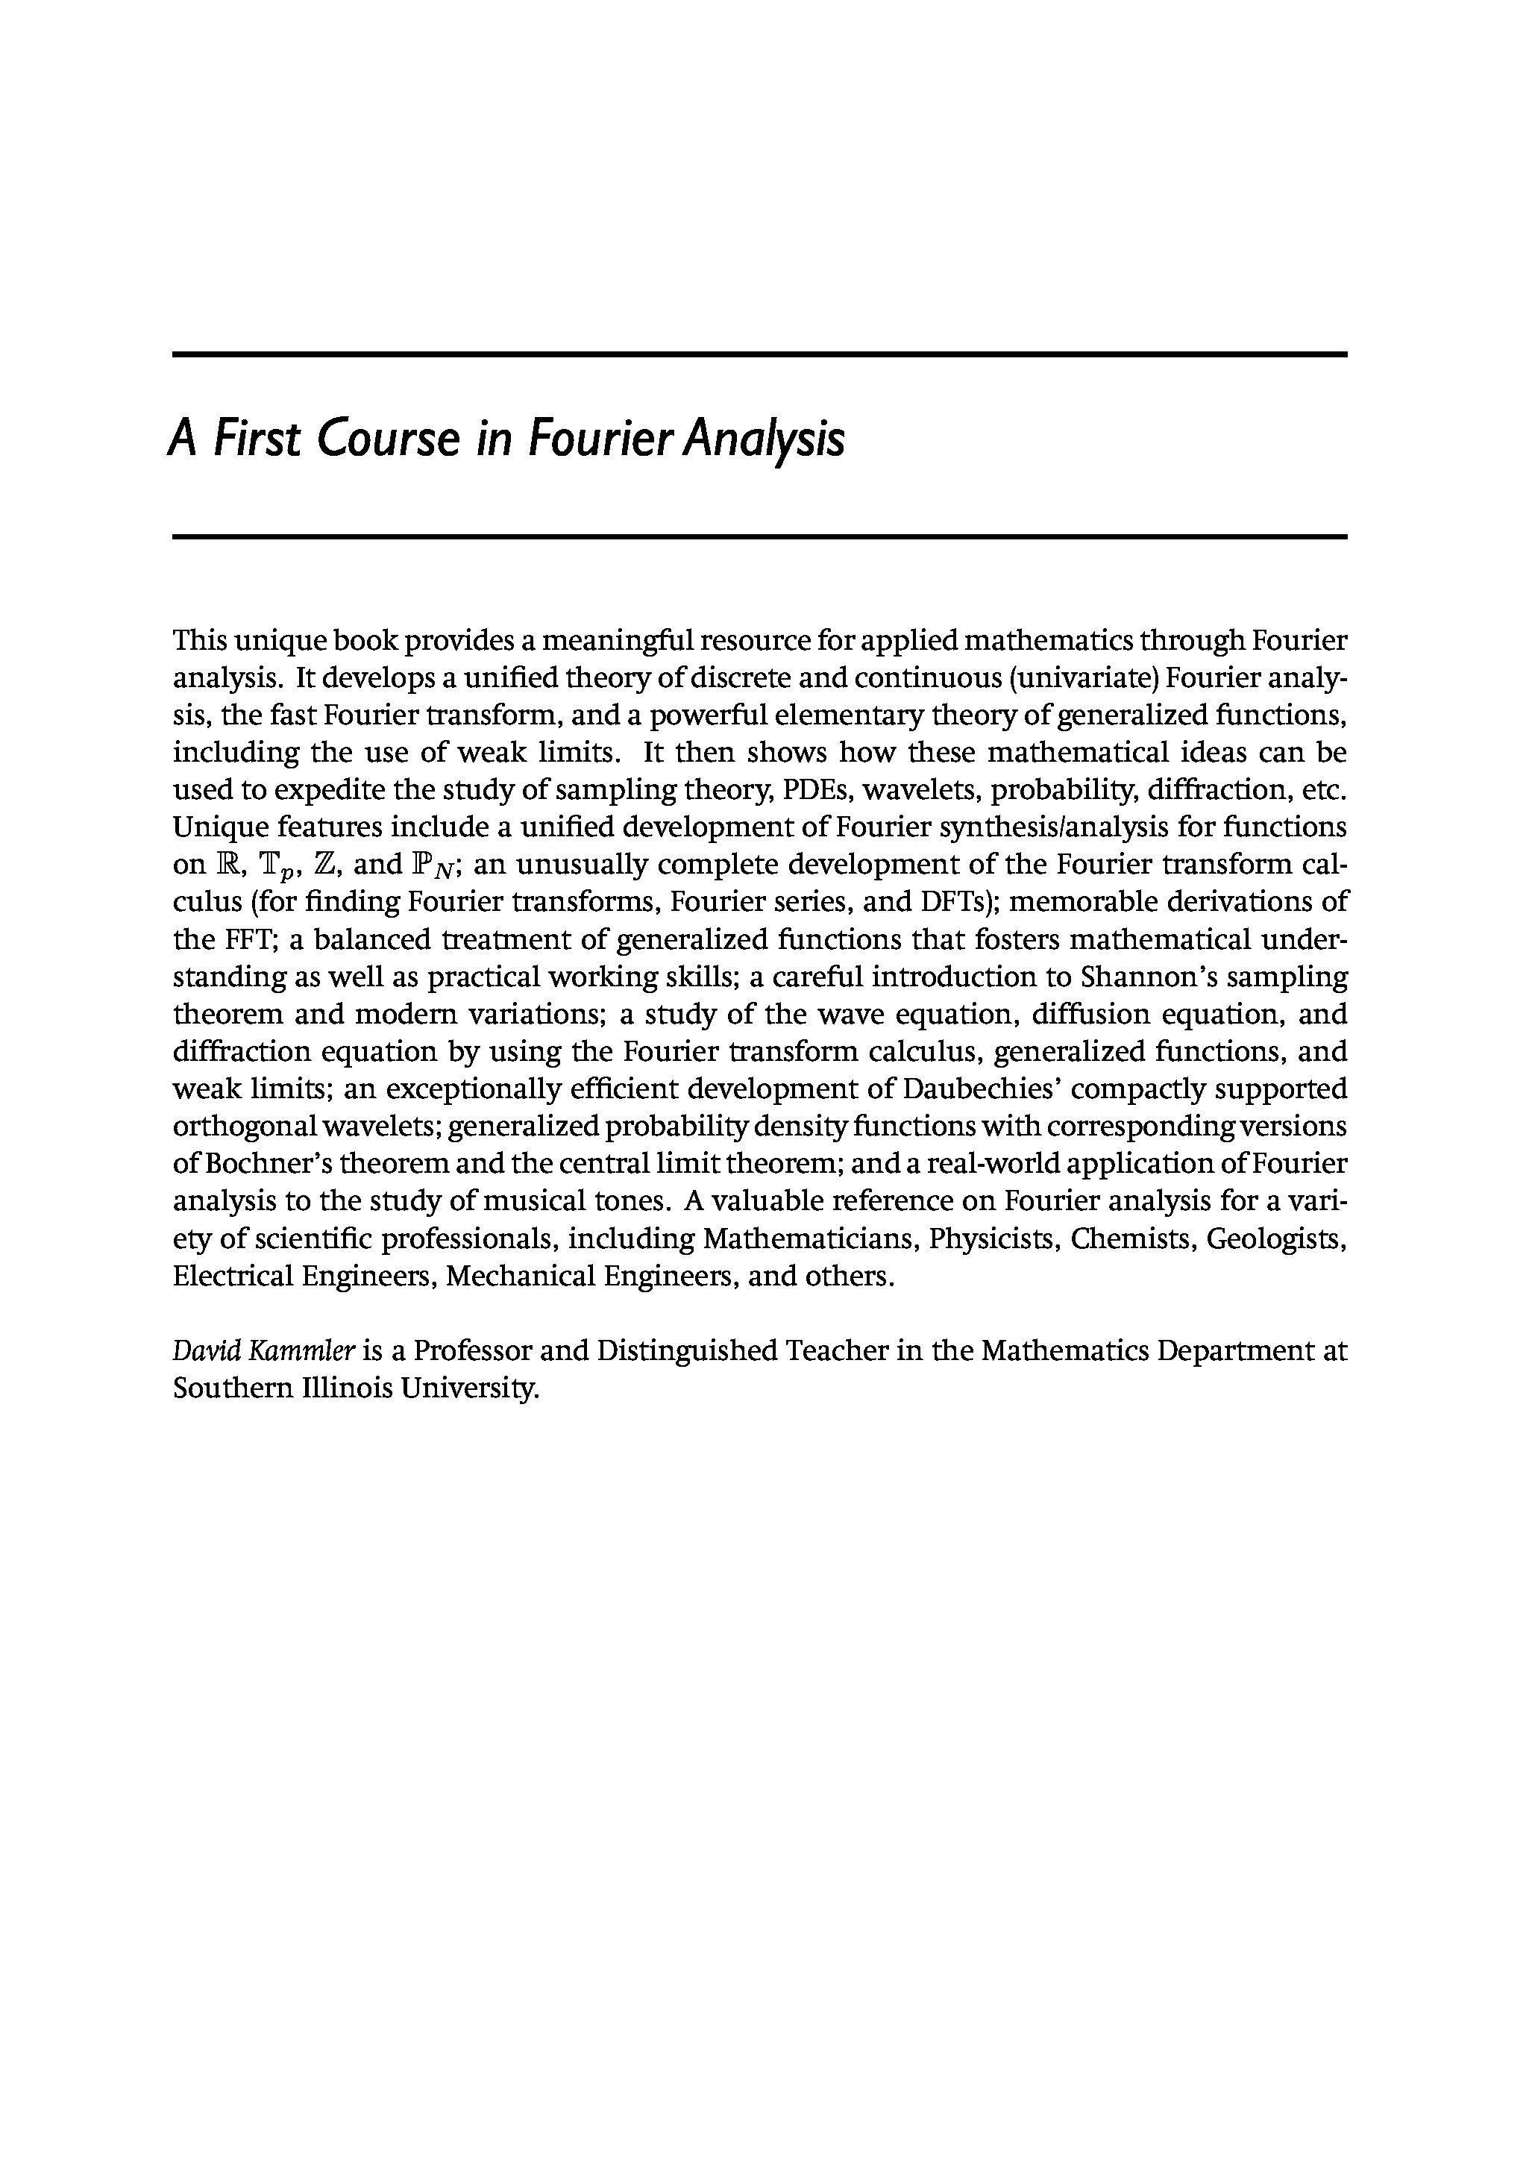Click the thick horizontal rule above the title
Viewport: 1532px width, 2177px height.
(x=759, y=354)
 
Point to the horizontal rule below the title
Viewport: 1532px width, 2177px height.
(x=759, y=536)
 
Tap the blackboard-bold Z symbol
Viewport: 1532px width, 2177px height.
(x=322, y=865)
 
